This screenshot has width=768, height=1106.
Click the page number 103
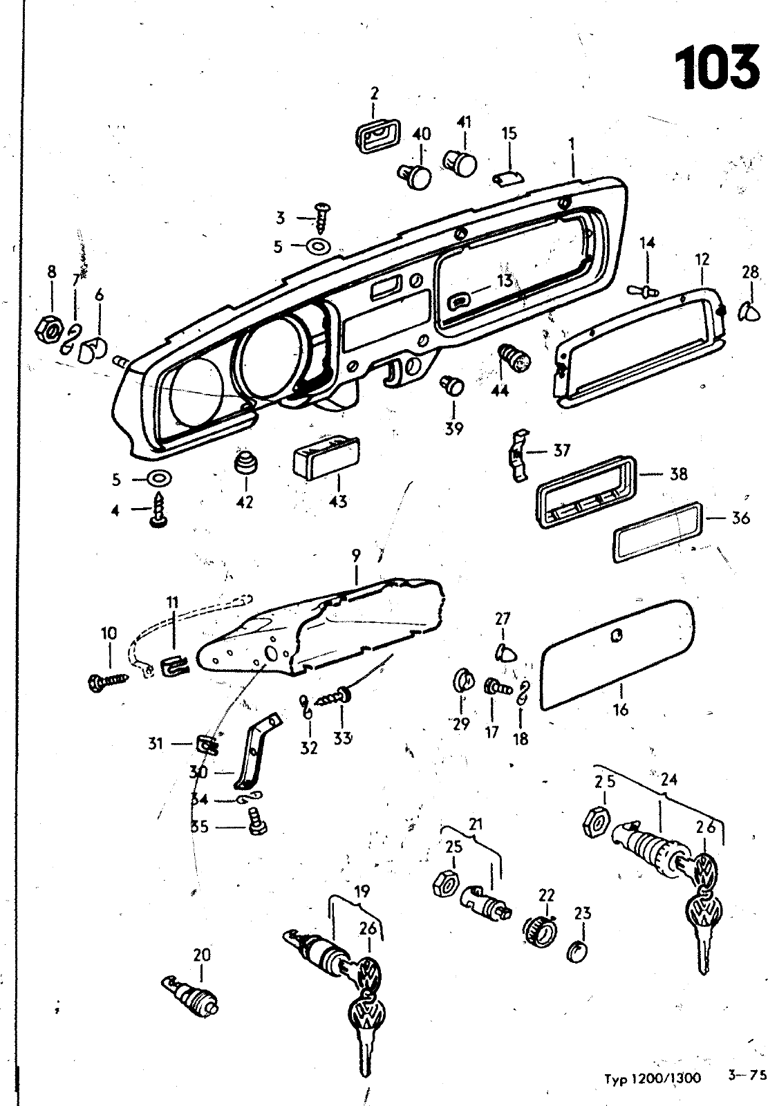(x=717, y=68)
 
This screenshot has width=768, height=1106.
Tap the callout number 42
(x=245, y=502)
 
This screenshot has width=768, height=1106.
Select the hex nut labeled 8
(x=48, y=329)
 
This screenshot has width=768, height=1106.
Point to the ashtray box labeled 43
(x=326, y=457)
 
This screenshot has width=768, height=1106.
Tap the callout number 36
(x=740, y=518)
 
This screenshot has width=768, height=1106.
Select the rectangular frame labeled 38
(x=586, y=491)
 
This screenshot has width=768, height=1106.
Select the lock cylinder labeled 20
(x=191, y=993)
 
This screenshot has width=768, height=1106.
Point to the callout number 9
(x=356, y=556)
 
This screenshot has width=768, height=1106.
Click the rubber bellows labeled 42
(x=245, y=461)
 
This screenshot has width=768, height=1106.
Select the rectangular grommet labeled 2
(x=374, y=135)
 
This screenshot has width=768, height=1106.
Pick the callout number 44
(x=500, y=391)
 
